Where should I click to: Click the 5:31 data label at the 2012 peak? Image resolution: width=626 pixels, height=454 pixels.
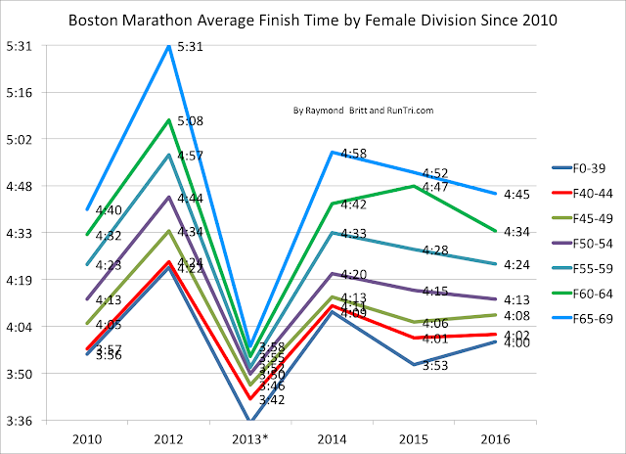192,47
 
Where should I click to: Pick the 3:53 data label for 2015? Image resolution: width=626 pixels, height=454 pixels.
436,366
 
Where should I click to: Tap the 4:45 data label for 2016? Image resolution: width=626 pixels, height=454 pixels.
515,195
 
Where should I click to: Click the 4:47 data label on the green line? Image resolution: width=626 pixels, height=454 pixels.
436,187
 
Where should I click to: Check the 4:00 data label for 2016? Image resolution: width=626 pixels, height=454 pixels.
515,343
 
